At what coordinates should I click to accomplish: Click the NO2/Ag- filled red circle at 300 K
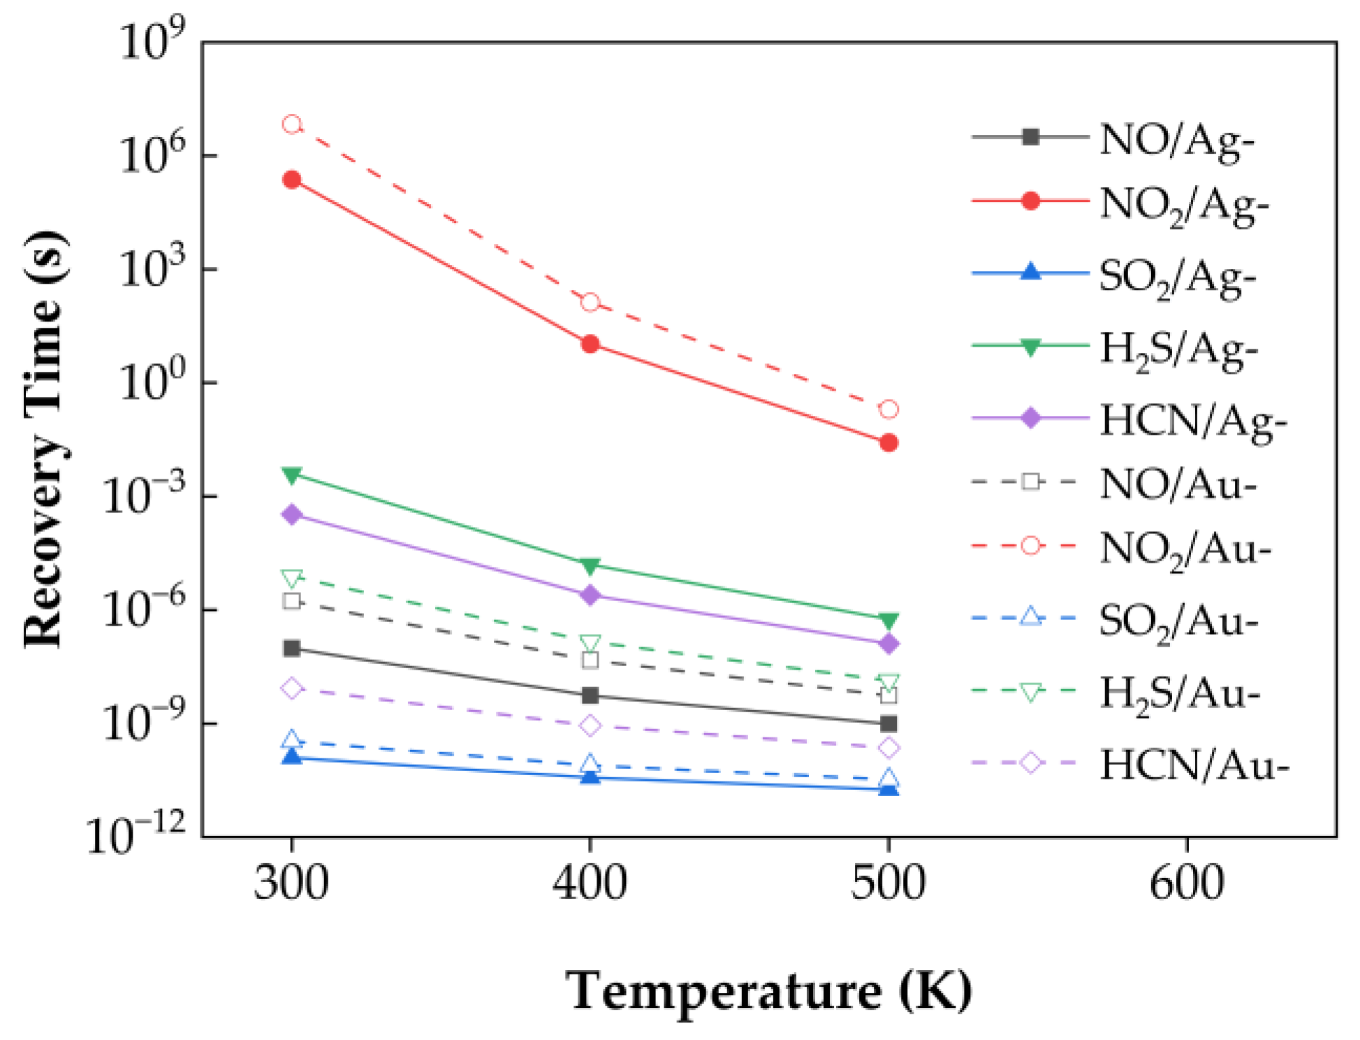pyautogui.click(x=292, y=180)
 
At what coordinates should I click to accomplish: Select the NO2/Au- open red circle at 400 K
pyautogui.click(x=590, y=303)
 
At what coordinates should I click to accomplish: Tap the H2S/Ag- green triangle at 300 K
pyautogui.click(x=292, y=475)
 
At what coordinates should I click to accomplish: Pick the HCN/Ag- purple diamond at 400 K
pyautogui.click(x=590, y=595)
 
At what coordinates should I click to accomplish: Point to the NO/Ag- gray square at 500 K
pyautogui.click(x=889, y=723)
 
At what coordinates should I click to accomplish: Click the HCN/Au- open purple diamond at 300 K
pyautogui.click(x=292, y=688)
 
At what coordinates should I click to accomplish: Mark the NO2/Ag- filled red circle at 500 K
pyautogui.click(x=889, y=442)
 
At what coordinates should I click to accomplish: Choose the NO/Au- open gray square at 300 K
pyautogui.click(x=292, y=601)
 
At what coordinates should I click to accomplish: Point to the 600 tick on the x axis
pyautogui.click(x=1187, y=882)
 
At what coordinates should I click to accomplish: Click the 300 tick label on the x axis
pyautogui.click(x=291, y=882)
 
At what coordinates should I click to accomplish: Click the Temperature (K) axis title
pyautogui.click(x=768, y=990)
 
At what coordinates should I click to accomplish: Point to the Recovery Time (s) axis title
pyautogui.click(x=45, y=440)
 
